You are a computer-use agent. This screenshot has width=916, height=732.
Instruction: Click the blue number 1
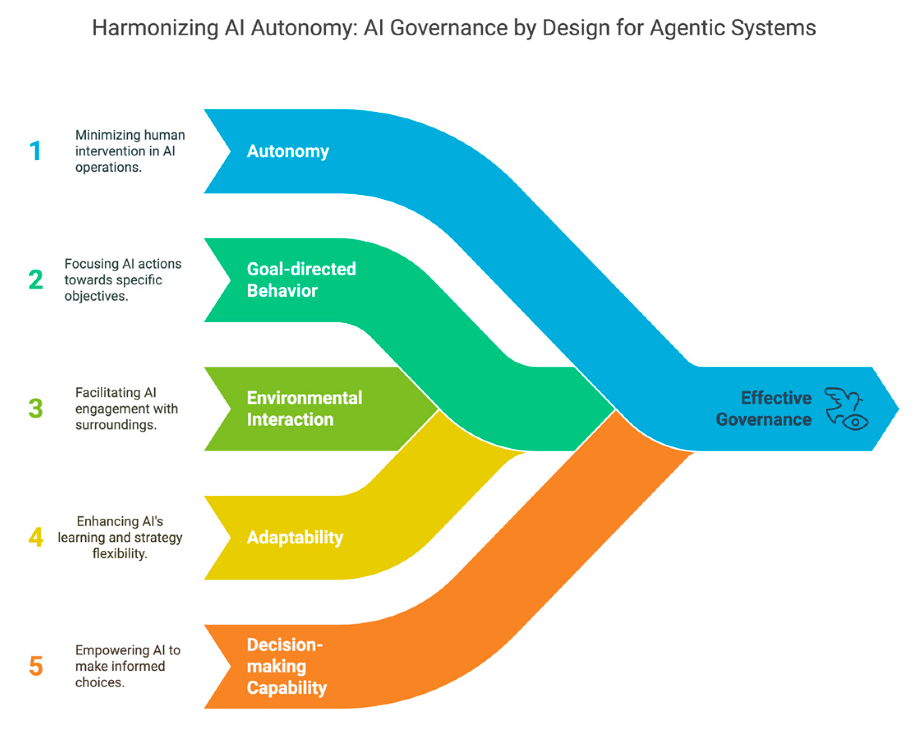click(35, 151)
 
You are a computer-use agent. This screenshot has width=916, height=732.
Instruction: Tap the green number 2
click(36, 280)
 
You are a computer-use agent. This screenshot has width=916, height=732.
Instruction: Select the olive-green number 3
click(36, 409)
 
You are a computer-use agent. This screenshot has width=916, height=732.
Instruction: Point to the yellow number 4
click(36, 537)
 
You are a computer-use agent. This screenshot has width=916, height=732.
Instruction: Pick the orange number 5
click(36, 666)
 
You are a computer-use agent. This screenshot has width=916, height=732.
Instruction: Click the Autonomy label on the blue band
click(288, 151)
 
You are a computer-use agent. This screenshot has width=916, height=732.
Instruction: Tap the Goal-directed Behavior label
click(301, 280)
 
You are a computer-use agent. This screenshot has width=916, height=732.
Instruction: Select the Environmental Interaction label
click(304, 409)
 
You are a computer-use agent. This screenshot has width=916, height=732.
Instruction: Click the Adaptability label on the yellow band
click(295, 537)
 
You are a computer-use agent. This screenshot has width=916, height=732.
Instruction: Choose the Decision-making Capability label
click(287, 666)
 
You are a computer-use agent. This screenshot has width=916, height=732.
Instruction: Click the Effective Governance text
click(764, 409)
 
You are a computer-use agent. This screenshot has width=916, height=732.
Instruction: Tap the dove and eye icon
click(845, 409)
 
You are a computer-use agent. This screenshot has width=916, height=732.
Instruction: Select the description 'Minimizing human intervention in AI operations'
click(129, 151)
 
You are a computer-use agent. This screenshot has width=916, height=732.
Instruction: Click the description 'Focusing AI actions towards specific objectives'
click(122, 280)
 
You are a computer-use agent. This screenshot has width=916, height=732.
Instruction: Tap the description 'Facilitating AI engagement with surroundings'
click(126, 409)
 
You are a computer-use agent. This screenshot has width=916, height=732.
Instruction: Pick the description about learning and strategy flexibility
click(120, 537)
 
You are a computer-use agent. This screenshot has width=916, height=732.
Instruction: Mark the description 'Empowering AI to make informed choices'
click(127, 666)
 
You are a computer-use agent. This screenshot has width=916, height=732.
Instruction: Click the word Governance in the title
click(449, 28)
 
